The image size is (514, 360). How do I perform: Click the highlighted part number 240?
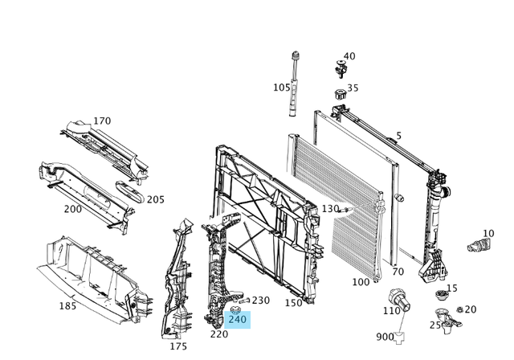pyautogui.click(x=238, y=319)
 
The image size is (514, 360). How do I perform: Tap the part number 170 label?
pyautogui.click(x=102, y=121)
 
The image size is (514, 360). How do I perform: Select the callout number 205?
pyautogui.click(x=155, y=200)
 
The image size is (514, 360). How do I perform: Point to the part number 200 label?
pyautogui.click(x=73, y=208)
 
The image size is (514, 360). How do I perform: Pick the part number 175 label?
pyautogui.click(x=177, y=346)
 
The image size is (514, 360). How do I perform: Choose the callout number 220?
pyautogui.click(x=218, y=333)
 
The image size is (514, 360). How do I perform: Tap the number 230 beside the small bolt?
pyautogui.click(x=261, y=300)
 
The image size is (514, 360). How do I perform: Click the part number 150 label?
pyautogui.click(x=294, y=303)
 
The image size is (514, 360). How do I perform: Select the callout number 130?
pyautogui.click(x=331, y=208)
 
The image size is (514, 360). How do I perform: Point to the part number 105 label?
pyautogui.click(x=281, y=88)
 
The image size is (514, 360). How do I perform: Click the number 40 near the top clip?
pyautogui.click(x=349, y=57)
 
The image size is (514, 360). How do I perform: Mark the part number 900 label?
pyautogui.click(x=385, y=337)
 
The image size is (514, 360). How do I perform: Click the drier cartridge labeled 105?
pyautogui.click(x=296, y=84)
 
